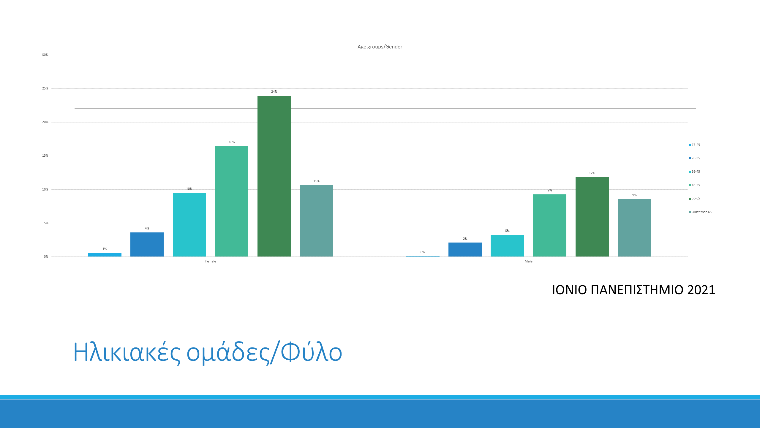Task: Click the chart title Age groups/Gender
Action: [380, 47]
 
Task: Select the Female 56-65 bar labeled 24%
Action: [274, 176]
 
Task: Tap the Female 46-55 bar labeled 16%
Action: [232, 201]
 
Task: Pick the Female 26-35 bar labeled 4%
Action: [147, 244]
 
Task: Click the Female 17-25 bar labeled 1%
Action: [105, 255]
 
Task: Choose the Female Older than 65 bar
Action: [316, 221]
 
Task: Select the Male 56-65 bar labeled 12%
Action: [592, 217]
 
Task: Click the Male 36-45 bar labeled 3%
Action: [507, 246]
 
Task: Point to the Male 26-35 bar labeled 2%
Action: [465, 249]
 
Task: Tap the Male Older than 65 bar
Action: [634, 228]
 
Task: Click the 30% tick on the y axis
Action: [45, 55]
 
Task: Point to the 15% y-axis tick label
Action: [45, 156]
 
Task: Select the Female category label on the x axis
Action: [211, 261]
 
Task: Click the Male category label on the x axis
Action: [528, 261]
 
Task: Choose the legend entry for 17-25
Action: [694, 145]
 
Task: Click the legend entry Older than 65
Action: [700, 212]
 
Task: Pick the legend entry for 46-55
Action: [694, 185]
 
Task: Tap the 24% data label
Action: [274, 92]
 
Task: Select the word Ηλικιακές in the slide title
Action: [127, 353]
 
